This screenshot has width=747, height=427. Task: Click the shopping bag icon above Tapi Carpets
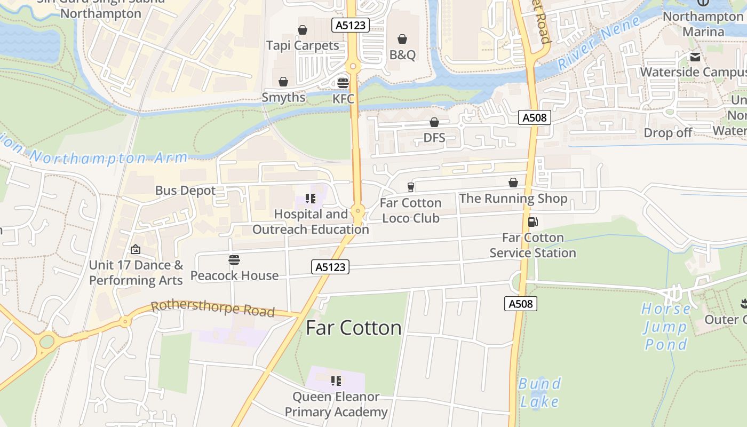[303, 30]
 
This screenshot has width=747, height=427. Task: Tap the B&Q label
[402, 55]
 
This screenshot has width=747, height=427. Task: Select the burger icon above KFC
[343, 83]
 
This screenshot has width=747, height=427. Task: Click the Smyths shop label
[283, 98]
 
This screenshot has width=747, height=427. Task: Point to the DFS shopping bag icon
[434, 122]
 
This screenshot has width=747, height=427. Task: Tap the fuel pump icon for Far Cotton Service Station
[533, 222]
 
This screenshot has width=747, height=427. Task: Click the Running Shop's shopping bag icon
[513, 183]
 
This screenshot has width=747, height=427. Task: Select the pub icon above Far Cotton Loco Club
[410, 187]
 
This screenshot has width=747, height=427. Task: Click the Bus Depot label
[185, 191]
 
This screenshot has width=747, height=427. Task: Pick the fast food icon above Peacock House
[234, 260]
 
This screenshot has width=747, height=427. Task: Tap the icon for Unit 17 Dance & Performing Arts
[136, 249]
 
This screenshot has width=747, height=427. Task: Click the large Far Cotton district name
[353, 328]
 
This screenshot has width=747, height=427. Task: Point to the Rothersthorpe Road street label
[213, 309]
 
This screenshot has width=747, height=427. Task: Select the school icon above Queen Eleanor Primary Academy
[336, 381]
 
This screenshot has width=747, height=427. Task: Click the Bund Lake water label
[539, 392]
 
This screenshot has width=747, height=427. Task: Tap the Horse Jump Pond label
[665, 327]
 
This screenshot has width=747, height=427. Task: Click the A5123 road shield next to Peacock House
[330, 267]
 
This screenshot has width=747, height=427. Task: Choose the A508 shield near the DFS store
[534, 118]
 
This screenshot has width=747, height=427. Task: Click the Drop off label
[668, 133]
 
